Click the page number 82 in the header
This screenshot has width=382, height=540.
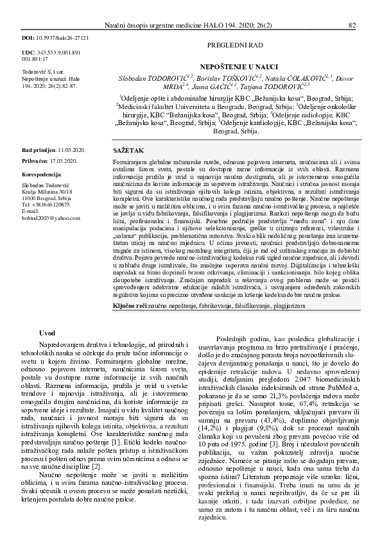(352, 26)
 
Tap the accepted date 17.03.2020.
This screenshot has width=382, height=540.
(65, 160)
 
